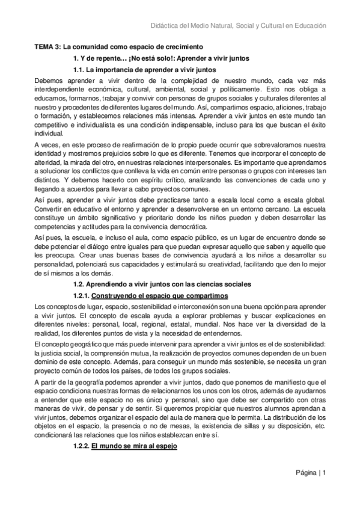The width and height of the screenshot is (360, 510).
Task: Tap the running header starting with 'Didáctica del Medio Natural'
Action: point(237,26)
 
